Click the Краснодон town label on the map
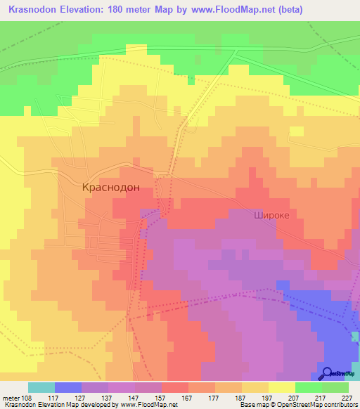tap(111, 188)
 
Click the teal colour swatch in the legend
tap(41, 387)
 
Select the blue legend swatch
tap(68, 387)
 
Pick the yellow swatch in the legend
tap(282, 387)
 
